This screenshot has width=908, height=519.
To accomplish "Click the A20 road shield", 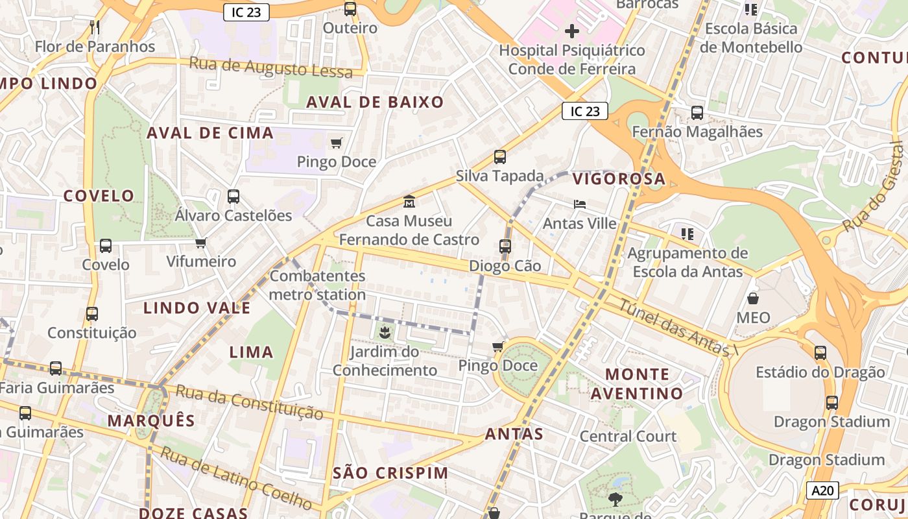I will (x=822, y=490).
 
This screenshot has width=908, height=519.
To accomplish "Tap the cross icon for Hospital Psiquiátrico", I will (x=571, y=30).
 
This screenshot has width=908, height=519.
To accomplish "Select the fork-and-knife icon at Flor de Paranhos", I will (x=95, y=27).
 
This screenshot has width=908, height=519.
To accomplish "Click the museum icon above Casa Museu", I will (x=409, y=202).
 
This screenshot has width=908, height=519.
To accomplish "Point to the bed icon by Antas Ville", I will (x=580, y=204).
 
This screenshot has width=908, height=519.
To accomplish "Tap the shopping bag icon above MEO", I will (x=753, y=298).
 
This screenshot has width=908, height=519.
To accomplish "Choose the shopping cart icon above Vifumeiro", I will (x=200, y=243).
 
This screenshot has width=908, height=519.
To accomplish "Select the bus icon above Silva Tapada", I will (x=499, y=156).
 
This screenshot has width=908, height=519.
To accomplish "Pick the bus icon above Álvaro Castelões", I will (x=233, y=196).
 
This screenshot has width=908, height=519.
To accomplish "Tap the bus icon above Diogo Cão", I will (x=505, y=247).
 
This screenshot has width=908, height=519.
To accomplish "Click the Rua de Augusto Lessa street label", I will (x=270, y=67).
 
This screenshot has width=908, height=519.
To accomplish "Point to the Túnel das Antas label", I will (x=678, y=328).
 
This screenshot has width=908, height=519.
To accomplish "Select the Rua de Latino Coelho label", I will (x=236, y=478).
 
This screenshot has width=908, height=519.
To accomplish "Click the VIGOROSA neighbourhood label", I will (x=619, y=178).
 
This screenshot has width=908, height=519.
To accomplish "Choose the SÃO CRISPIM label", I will (x=390, y=473).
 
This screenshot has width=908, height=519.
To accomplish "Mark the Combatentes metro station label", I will (x=318, y=285).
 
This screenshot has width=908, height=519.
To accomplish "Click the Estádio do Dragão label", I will (x=820, y=372).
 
